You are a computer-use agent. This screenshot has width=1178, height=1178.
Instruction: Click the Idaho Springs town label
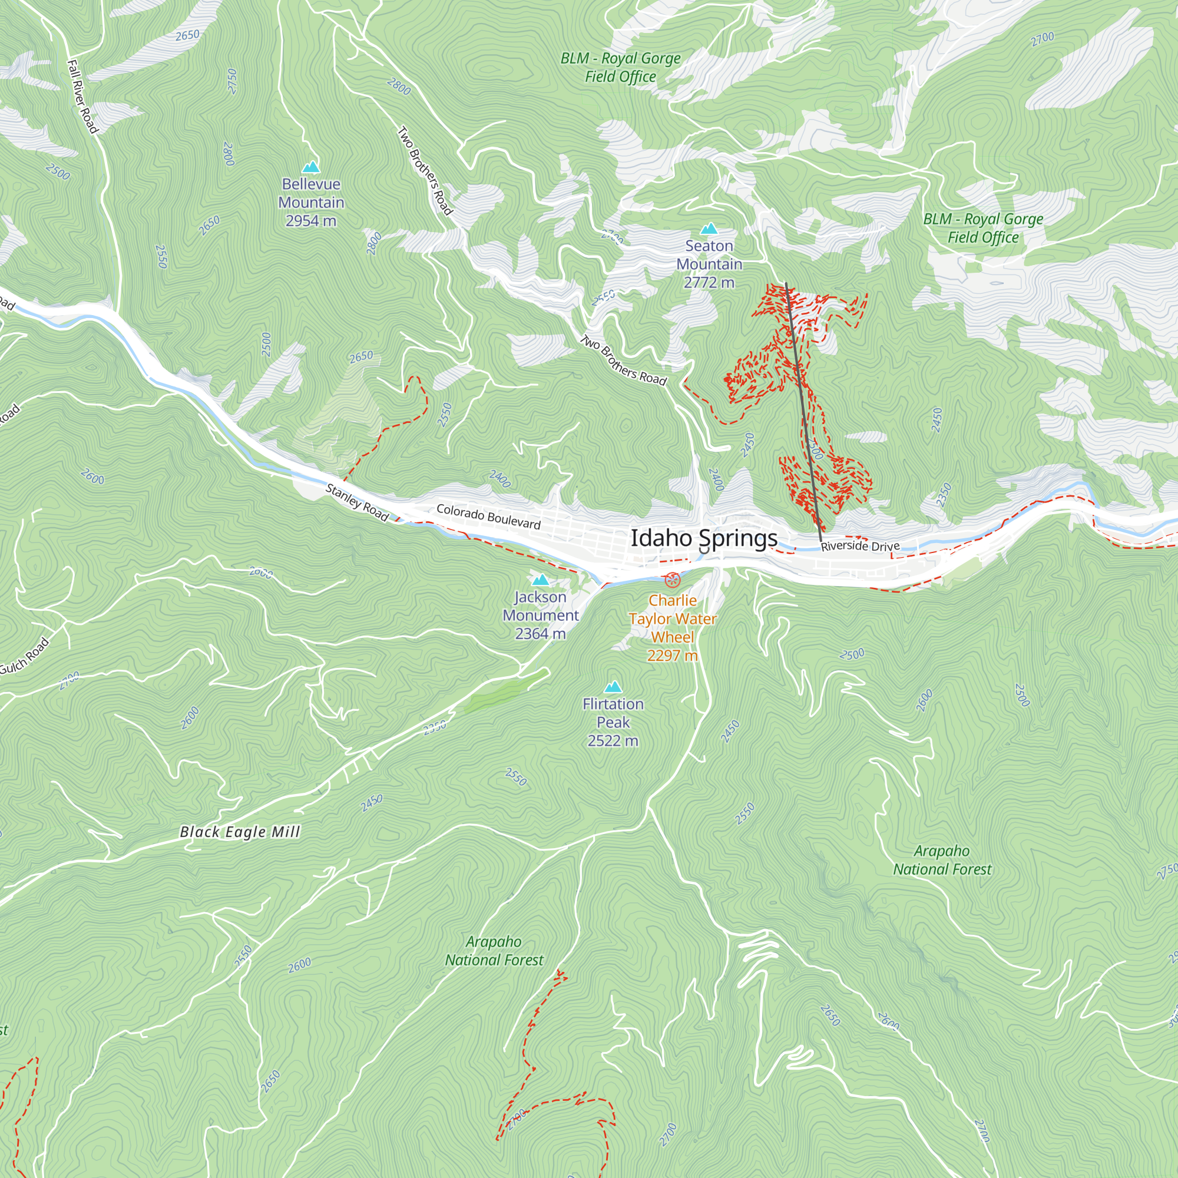[x=704, y=538]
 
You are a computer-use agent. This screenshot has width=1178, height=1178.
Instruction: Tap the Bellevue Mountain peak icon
[x=311, y=167]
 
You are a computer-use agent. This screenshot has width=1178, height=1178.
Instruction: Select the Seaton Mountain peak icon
[x=709, y=229]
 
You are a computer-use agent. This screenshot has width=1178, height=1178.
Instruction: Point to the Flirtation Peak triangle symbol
[x=613, y=687]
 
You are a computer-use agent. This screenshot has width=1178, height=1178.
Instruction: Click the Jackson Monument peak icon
[x=540, y=580]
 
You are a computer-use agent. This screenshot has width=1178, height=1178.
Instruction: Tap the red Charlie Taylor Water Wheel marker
[x=672, y=579]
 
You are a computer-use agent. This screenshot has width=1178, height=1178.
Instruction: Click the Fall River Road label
[x=82, y=97]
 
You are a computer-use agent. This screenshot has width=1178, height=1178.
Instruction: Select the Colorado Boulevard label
[x=488, y=517]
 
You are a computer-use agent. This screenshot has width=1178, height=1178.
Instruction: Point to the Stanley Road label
[x=357, y=502]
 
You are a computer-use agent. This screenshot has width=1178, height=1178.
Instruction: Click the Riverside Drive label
[x=860, y=546]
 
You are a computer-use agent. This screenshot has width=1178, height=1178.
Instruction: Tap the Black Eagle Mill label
[x=240, y=832]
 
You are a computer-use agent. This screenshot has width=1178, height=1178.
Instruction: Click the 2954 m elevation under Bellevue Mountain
[x=311, y=221]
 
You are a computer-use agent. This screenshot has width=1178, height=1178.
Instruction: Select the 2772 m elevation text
[x=709, y=282]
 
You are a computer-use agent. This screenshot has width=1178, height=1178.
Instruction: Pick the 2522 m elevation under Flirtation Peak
[x=613, y=741]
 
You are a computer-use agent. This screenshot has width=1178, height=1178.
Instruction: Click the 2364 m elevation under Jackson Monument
[x=540, y=634]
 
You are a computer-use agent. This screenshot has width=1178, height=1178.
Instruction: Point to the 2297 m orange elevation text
[x=672, y=656]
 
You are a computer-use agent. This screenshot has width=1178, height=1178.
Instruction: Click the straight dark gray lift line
[x=803, y=409]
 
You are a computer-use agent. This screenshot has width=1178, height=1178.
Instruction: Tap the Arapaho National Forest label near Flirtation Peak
[x=494, y=951]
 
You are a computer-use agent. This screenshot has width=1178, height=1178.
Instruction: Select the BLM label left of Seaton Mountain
[x=620, y=67]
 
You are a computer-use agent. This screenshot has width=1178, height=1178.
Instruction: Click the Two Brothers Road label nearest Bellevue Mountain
[x=425, y=171]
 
